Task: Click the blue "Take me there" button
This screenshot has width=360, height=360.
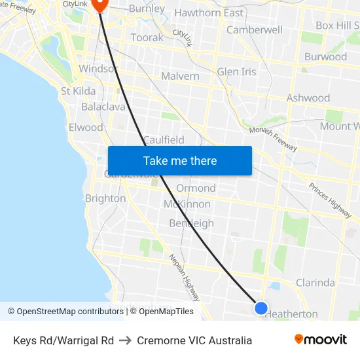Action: (x=179, y=160)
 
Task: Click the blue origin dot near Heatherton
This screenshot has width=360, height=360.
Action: (x=261, y=308)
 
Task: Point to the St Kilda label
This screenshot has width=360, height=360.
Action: (x=79, y=91)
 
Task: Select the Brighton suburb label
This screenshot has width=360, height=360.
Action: (x=105, y=198)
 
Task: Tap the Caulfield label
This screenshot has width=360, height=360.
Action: (x=164, y=140)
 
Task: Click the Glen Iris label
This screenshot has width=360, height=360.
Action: (x=236, y=71)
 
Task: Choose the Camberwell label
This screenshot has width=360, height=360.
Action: (x=254, y=30)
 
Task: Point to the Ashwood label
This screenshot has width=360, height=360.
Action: (x=308, y=98)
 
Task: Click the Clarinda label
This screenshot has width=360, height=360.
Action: (x=315, y=283)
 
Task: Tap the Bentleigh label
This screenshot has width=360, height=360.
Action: (x=191, y=223)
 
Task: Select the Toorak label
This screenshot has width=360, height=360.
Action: (x=147, y=38)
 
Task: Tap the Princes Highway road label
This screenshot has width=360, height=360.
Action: (x=330, y=200)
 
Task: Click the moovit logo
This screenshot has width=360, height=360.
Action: (x=321, y=340)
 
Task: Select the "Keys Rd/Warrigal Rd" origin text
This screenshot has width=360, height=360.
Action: (x=63, y=340)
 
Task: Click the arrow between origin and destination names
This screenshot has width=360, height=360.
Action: (x=125, y=340)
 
